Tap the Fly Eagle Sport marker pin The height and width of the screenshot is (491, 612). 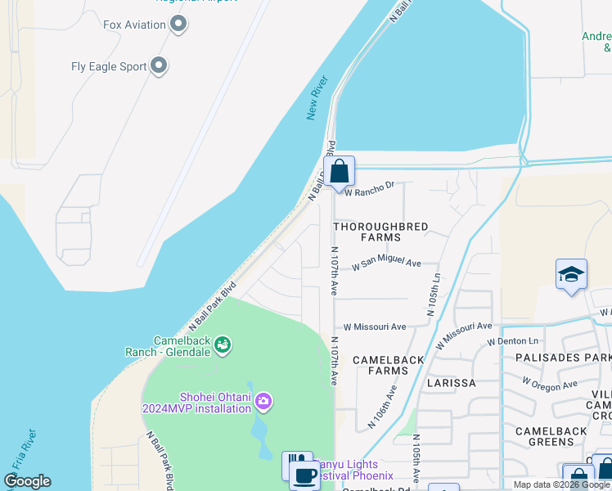point(160,66)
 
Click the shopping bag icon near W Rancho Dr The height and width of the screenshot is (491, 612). point(339,172)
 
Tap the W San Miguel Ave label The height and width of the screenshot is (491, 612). point(386,264)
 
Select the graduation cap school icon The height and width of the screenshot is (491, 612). point(571,274)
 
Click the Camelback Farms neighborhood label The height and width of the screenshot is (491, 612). point(389,365)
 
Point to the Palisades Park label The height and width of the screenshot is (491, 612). point(564,358)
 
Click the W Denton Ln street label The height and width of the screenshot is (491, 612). point(514,340)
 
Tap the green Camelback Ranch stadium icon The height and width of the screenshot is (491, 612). point(223,346)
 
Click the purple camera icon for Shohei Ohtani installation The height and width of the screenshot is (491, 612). point(263,401)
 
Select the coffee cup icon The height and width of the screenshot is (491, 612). point(305,475)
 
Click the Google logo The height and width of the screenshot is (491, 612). point(28,481)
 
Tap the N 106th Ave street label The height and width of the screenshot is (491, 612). point(382,407)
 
